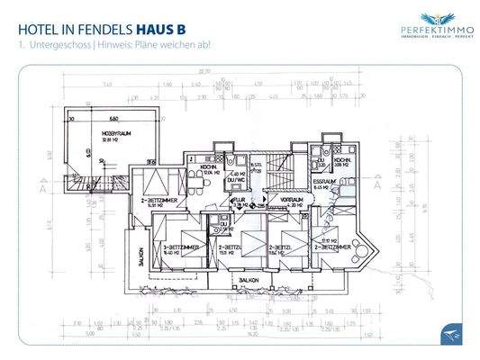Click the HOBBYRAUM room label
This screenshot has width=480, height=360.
point(98,132)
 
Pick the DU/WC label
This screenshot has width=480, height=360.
point(239,180)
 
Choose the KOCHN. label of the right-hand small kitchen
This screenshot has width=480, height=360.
point(340,162)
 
